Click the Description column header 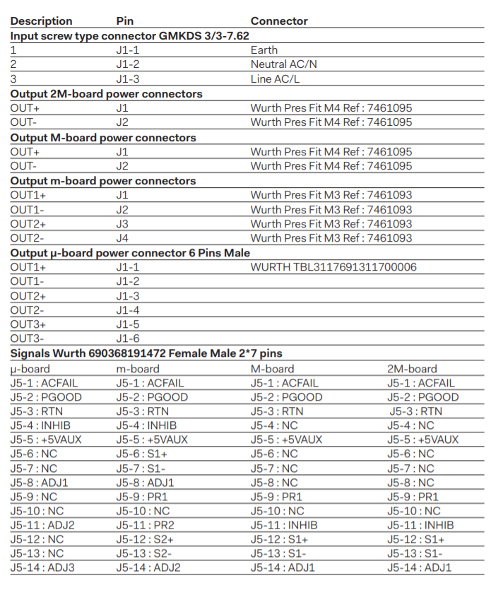41,21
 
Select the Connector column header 279,21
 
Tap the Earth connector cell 264,50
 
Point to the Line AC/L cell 275,79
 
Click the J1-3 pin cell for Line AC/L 128,79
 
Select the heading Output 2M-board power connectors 106,94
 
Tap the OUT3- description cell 27,338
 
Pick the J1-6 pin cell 128,338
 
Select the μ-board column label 30,368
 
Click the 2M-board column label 412,368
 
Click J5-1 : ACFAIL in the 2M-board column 421,382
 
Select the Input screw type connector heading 129,35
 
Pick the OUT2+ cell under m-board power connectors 28,224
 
